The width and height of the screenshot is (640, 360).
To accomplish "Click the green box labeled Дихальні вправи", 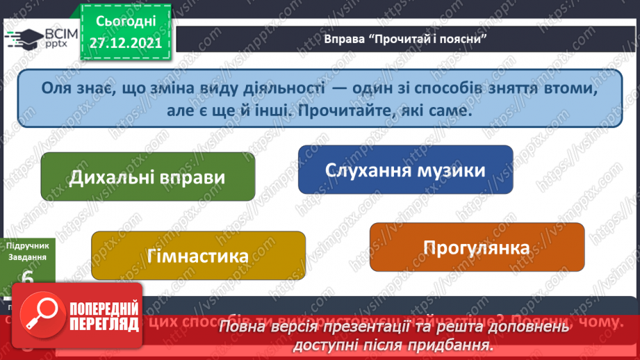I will click(147, 177).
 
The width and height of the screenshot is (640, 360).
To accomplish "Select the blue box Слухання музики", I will click(405, 170).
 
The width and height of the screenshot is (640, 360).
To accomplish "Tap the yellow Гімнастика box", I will click(198, 256).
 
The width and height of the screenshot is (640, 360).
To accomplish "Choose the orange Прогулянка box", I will click(476, 247).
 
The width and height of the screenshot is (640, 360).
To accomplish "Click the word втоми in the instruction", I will click(569, 88).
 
